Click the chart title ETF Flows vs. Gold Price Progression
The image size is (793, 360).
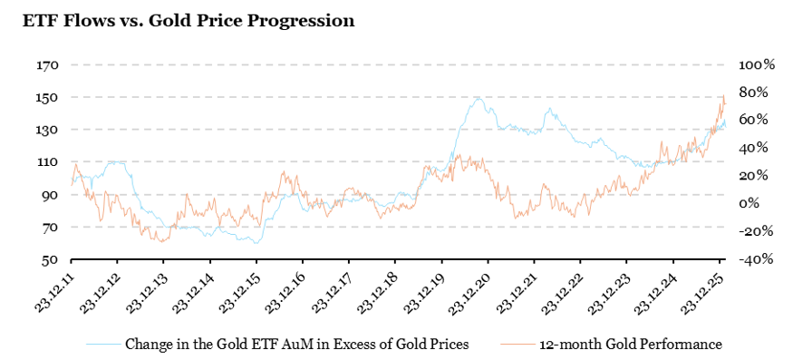[188, 20]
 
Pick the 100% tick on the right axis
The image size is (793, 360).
[757, 65]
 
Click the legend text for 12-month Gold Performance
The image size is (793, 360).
[630, 345]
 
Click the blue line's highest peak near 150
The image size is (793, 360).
[478, 97]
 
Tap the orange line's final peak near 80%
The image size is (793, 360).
[723, 96]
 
